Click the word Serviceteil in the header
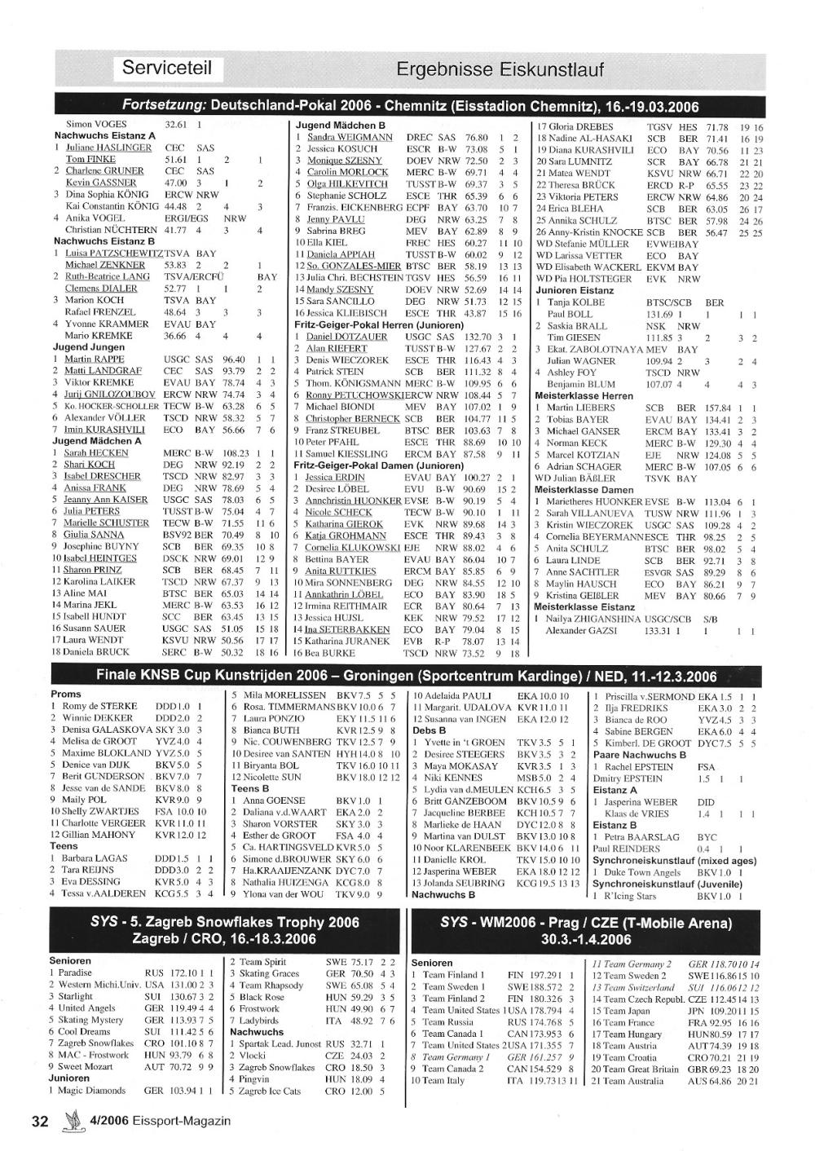click(167, 68)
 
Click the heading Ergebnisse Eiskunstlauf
click(500, 69)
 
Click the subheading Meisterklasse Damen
click(584, 490)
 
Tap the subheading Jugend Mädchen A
click(97, 441)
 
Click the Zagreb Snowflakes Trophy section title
click(224, 930)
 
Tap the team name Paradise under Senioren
click(75, 973)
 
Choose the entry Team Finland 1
click(454, 975)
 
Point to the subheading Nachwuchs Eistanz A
click(104, 136)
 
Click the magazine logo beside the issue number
click(73, 1122)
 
